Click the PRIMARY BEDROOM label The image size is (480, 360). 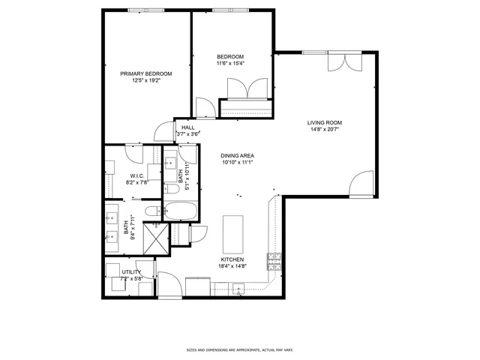coord(146,73)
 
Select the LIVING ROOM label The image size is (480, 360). coord(324,123)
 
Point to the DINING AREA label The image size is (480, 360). coord(237,155)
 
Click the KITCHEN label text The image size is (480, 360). coord(232,259)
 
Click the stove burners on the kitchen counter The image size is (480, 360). coord(274,260)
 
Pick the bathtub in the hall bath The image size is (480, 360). coord(180,211)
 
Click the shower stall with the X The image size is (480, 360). coord(154,238)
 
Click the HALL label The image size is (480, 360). coord(188,128)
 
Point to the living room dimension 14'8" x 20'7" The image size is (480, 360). coord(324,130)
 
